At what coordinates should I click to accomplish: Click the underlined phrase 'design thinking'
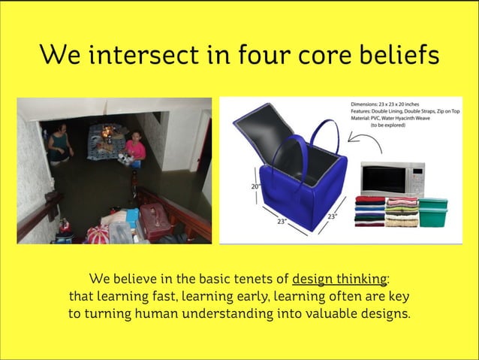click(339, 278)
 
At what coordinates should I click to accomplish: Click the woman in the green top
click(59, 144)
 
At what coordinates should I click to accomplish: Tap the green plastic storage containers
click(433, 212)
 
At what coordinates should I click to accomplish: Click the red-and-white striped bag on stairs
click(98, 234)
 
